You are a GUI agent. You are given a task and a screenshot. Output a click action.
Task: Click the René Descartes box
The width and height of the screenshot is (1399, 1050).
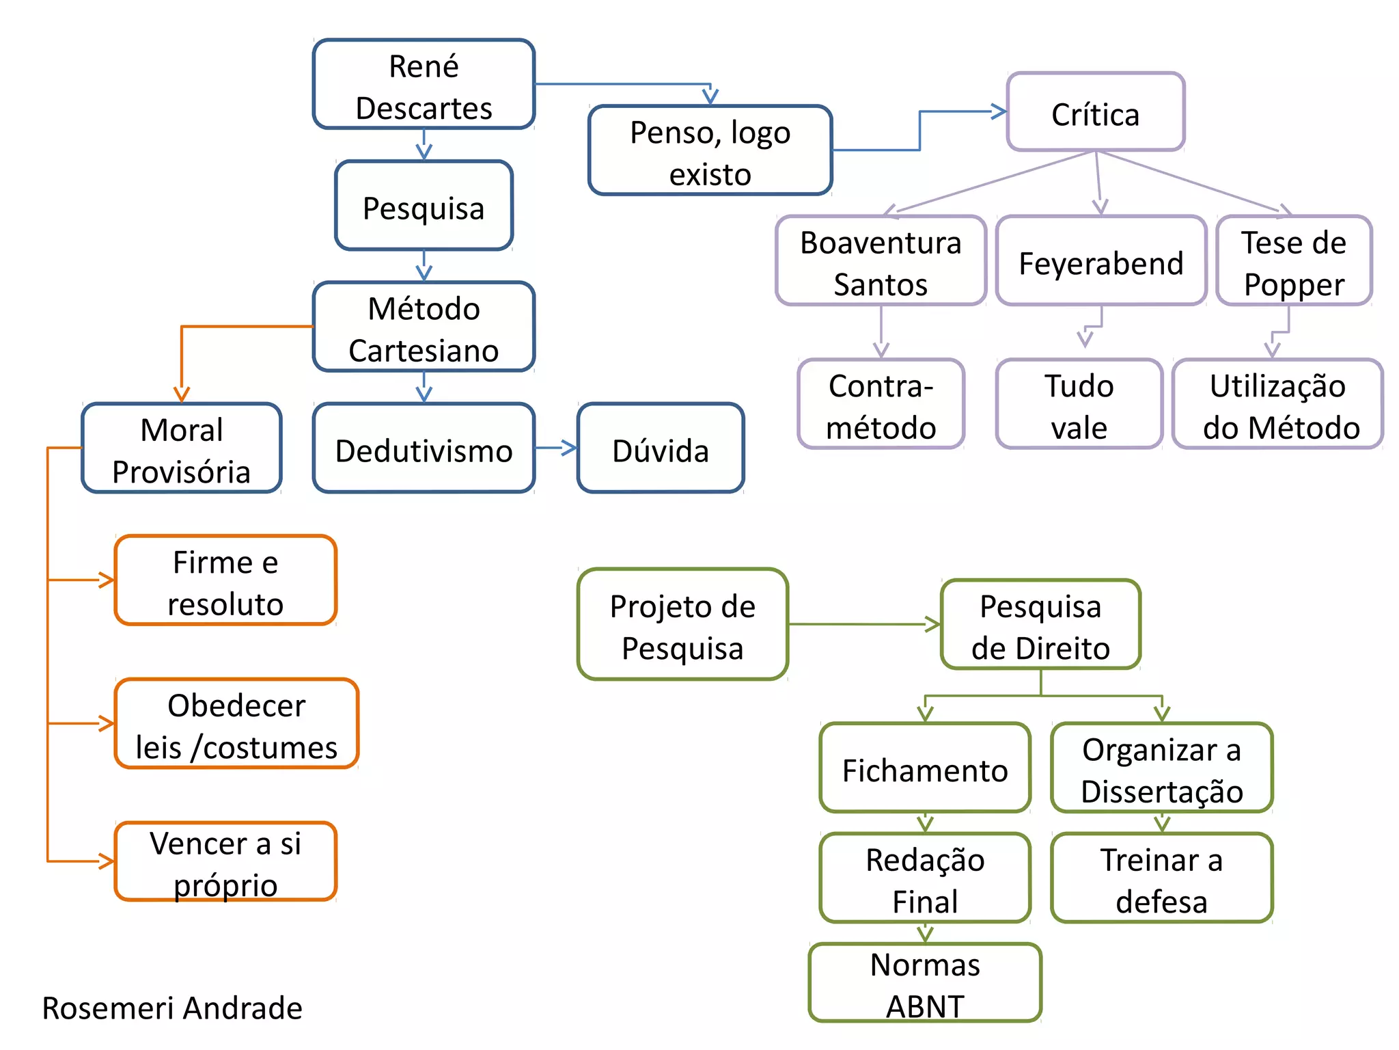pyautogui.click(x=424, y=84)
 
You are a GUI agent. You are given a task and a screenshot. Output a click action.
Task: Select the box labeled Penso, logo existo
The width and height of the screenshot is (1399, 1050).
pyautogui.click(x=710, y=150)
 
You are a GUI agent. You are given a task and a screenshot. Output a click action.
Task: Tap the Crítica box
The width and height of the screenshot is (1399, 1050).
pyautogui.click(x=1095, y=112)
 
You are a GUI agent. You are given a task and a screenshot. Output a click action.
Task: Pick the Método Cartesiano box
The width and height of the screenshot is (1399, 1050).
pyautogui.click(x=424, y=327)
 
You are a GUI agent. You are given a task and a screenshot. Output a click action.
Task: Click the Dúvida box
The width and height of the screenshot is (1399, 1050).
pyautogui.click(x=660, y=448)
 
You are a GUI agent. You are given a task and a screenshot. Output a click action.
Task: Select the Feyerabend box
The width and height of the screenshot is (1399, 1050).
pyautogui.click(x=1100, y=261)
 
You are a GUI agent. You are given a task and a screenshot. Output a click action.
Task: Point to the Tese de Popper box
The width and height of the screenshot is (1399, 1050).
pyautogui.click(x=1294, y=261)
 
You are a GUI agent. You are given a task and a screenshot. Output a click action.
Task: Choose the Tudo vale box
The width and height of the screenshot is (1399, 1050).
pyautogui.click(x=1079, y=405)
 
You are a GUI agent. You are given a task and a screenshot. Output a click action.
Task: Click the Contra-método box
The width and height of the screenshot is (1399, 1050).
pyautogui.click(x=881, y=405)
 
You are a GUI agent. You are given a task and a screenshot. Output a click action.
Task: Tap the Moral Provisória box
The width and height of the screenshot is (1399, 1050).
pyautogui.click(x=182, y=448)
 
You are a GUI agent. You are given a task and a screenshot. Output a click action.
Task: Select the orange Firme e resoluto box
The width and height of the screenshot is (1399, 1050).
pyautogui.click(x=225, y=581)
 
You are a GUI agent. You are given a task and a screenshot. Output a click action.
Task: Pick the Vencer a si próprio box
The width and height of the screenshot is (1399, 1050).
pyautogui.click(x=225, y=862)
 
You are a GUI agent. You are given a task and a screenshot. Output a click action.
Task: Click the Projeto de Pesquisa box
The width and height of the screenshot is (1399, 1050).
pyautogui.click(x=682, y=625)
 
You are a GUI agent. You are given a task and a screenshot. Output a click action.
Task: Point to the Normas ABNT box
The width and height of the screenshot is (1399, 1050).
pyautogui.click(x=925, y=983)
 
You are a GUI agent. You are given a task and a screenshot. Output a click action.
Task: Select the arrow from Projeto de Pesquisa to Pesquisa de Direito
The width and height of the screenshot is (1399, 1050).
pyautogui.click(x=864, y=624)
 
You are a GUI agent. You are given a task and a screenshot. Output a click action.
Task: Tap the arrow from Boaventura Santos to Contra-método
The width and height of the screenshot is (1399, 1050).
pyautogui.click(x=881, y=332)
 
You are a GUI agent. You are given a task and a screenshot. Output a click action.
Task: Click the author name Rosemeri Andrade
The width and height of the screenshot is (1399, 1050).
pyautogui.click(x=172, y=1008)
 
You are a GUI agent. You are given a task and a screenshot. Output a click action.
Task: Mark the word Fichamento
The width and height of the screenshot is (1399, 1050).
pyautogui.click(x=925, y=770)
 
